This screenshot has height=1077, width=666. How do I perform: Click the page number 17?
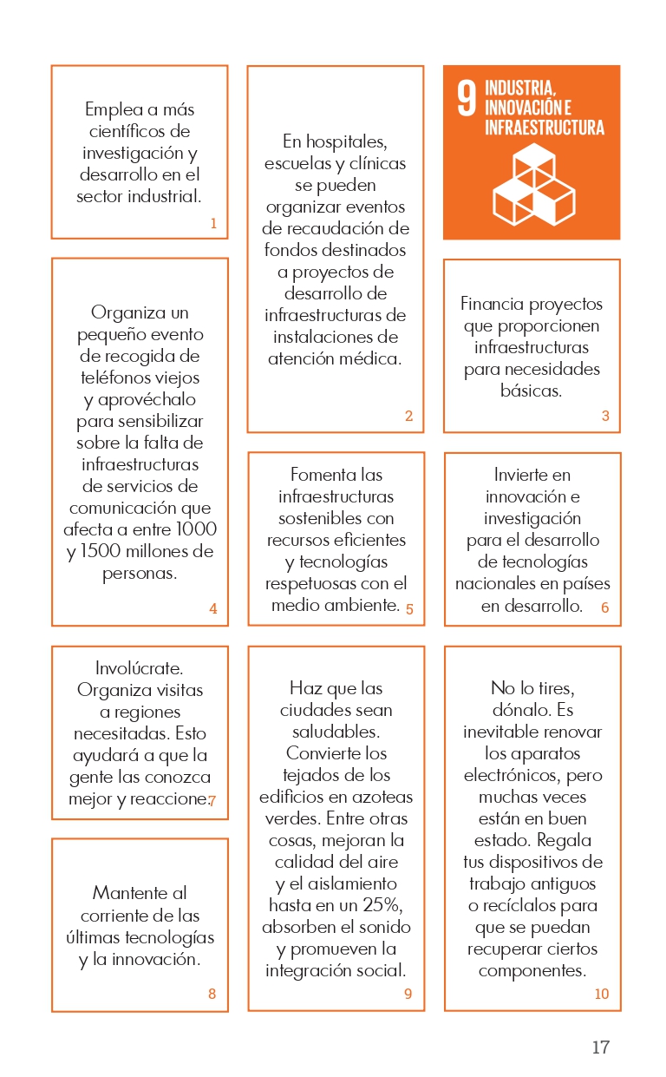600,1047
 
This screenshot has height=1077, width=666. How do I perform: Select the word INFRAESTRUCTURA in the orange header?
545,128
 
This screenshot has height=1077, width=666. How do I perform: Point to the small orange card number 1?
213,223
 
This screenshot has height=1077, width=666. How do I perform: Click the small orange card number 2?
408,417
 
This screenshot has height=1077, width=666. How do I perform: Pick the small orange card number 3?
605,417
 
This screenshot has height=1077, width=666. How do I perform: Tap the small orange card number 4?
213,609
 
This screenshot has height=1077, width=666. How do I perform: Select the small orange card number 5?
409,609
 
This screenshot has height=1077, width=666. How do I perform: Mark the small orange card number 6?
605,608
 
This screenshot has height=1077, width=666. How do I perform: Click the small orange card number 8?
212,995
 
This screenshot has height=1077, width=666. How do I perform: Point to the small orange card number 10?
602,995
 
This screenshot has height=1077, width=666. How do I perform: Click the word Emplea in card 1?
114,110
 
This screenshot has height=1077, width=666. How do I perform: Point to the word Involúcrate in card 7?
139,669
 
